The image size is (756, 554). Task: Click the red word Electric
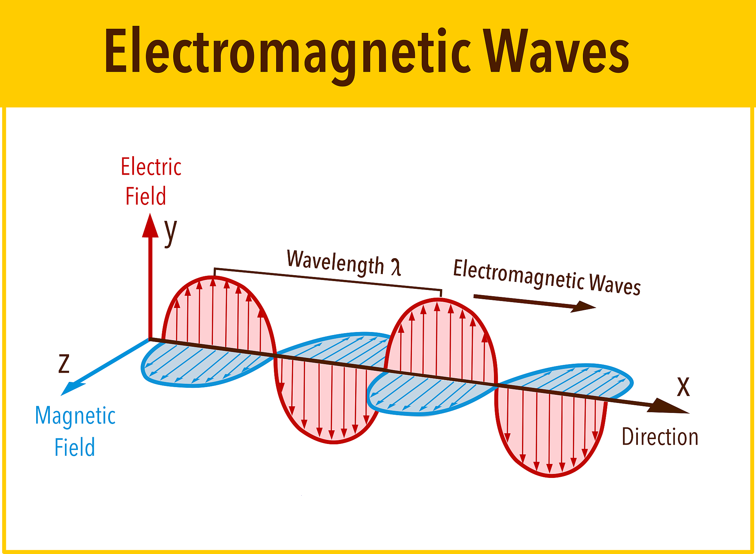(x=151, y=167)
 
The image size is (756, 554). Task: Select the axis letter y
(x=171, y=232)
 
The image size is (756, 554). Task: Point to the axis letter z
(x=64, y=363)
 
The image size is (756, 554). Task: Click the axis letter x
(x=683, y=387)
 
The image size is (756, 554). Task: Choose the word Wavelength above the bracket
(x=336, y=263)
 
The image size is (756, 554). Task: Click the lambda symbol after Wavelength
(x=396, y=267)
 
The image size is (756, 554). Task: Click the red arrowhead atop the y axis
(x=150, y=225)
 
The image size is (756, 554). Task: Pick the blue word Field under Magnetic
(x=75, y=447)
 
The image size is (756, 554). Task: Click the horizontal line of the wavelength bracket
(x=328, y=279)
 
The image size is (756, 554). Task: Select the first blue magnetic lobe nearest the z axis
(x=207, y=364)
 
